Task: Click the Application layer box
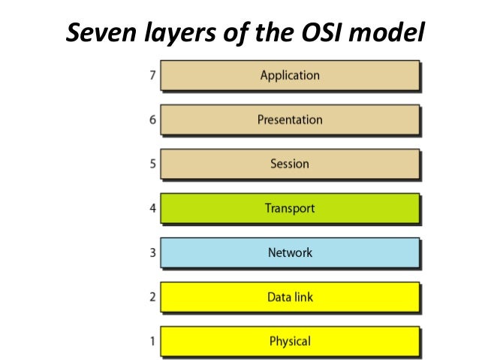(289, 76)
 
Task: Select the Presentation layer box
(289, 119)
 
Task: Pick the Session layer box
(289, 164)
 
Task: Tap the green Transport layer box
(289, 208)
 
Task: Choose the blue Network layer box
(289, 253)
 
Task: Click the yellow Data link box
(289, 297)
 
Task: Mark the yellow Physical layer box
(289, 341)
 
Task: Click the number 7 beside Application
(152, 76)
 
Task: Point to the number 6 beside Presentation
(152, 120)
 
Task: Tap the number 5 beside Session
(152, 165)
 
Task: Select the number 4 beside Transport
(152, 209)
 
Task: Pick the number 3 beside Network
(152, 253)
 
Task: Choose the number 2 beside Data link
(152, 298)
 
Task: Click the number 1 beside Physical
(152, 342)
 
